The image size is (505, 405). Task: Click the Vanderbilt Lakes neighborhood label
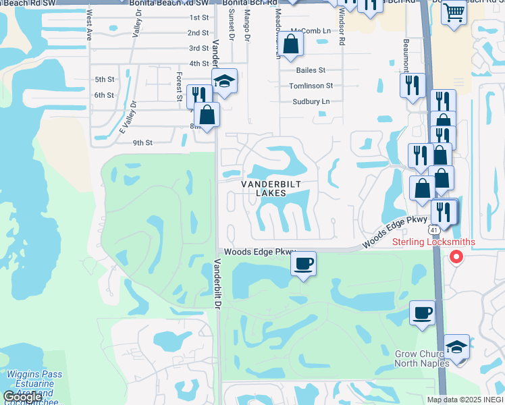tap(271, 188)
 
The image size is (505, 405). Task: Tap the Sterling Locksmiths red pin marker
tap(456, 257)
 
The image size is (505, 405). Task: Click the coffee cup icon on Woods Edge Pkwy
tap(304, 263)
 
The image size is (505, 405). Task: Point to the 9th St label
tap(142, 142)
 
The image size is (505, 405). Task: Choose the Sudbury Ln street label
tap(311, 102)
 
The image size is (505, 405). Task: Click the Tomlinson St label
tap(311, 86)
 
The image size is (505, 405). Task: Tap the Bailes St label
tap(311, 70)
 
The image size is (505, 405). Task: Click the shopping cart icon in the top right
tap(454, 11)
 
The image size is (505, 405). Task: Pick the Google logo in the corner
tap(22, 397)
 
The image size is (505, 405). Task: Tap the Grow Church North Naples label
tap(422, 358)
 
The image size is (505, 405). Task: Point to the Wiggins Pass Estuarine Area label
tap(34, 383)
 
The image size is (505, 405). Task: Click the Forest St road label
tap(180, 87)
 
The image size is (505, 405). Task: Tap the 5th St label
tap(105, 79)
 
